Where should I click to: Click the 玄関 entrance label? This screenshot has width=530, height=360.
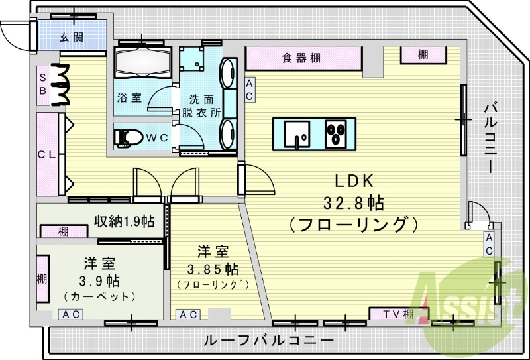click(x=72, y=37)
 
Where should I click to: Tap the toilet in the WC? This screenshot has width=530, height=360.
click(x=128, y=138)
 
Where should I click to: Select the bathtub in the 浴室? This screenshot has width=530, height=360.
click(x=142, y=62)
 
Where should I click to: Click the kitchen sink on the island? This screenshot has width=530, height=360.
click(x=296, y=134)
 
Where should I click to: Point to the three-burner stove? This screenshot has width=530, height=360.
click(x=335, y=134)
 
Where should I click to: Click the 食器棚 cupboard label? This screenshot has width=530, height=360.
click(x=301, y=58)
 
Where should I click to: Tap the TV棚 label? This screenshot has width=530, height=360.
click(x=398, y=314)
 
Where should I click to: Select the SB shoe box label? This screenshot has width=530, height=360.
click(x=42, y=84)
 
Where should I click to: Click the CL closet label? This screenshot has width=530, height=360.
click(x=46, y=155)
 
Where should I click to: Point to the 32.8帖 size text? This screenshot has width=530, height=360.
click(x=353, y=204)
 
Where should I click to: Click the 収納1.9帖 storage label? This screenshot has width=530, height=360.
click(x=125, y=221)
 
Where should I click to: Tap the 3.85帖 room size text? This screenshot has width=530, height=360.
click(x=213, y=270)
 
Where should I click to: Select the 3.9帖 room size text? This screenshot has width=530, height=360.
click(x=99, y=281)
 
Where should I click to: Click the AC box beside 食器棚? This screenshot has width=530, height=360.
click(x=250, y=90)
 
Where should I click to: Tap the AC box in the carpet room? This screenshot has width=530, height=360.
click(x=71, y=314)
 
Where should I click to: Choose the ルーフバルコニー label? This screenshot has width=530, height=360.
click(x=269, y=340)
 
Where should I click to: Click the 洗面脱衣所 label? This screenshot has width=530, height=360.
click(x=201, y=106)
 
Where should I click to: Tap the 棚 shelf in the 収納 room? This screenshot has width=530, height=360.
click(x=64, y=232)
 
